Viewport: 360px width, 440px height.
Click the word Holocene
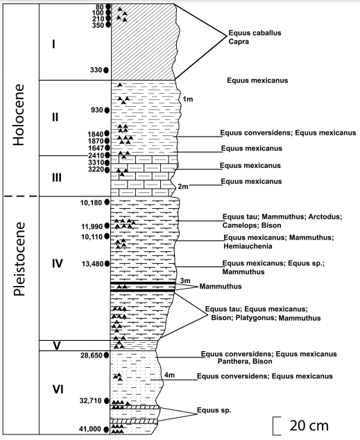(19, 115)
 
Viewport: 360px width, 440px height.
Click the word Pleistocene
(19, 259)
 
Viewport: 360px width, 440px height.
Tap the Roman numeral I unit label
(53, 44)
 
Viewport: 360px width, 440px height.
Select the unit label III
(57, 178)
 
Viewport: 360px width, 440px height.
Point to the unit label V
(57, 346)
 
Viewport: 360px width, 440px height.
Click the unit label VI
(58, 389)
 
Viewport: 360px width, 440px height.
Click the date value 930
(96, 110)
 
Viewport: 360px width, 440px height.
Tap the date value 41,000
(91, 429)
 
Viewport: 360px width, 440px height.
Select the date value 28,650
(92, 355)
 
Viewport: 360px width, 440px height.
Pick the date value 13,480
(92, 264)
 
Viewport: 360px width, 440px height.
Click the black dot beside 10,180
(107, 202)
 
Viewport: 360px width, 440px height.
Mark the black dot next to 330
(106, 70)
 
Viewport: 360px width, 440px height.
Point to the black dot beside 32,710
(107, 400)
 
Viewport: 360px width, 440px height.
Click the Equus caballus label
(255, 33)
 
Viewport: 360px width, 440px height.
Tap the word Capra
(239, 42)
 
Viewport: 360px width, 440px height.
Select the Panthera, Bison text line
(245, 362)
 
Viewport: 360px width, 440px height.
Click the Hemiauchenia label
(248, 246)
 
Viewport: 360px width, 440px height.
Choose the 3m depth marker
(185, 280)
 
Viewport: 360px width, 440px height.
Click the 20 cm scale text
(309, 425)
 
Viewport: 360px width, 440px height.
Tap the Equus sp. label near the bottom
(214, 410)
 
